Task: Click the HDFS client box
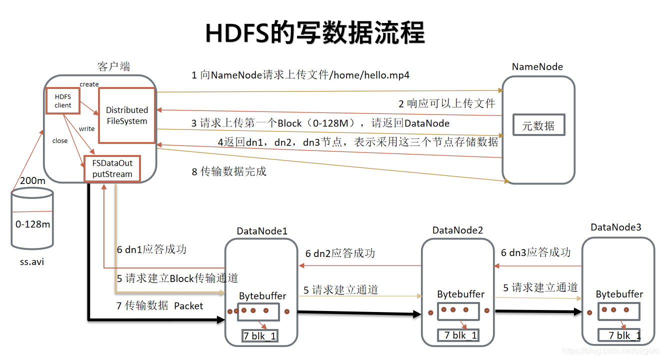tap(62, 100)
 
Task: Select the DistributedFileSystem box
tap(127, 115)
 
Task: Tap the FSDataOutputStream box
tap(112, 168)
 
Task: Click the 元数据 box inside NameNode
tap(538, 125)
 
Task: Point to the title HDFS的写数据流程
tap(315, 33)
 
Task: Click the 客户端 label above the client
tap(114, 66)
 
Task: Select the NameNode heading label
tap(537, 66)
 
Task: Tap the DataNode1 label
tap(262, 231)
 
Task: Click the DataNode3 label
tap(615, 227)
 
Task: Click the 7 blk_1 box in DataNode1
tap(259, 336)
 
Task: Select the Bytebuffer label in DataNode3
tap(619, 294)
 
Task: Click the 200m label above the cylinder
tap(32, 180)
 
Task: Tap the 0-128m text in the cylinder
tap(32, 224)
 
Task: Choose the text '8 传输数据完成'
tap(229, 171)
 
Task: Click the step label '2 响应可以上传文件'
tap(446, 103)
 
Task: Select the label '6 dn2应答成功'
tap(340, 253)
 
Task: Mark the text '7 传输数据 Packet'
tap(159, 305)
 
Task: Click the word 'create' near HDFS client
tap(89, 84)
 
